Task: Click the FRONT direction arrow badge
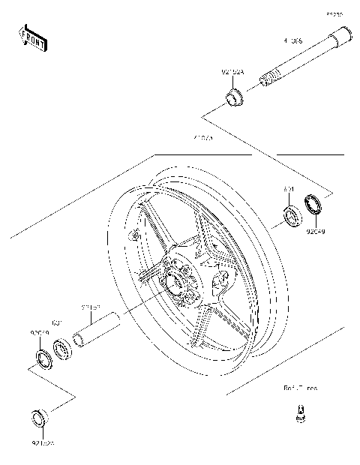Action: point(33,38)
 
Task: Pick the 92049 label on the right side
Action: point(315,232)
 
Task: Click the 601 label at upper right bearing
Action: point(288,191)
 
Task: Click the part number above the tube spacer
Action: point(91,307)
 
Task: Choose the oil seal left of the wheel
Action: point(42,358)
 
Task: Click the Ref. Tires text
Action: point(299,388)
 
